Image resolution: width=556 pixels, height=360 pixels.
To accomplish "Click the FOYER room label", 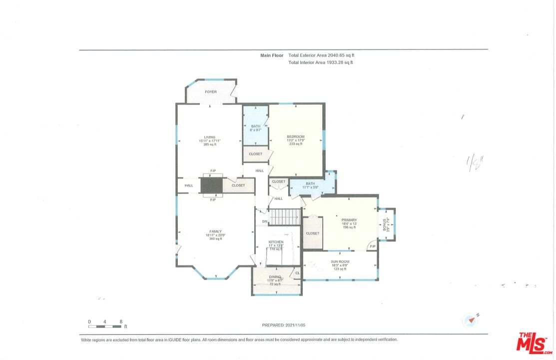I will point(211,92).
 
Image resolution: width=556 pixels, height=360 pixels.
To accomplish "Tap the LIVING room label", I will point(209,137).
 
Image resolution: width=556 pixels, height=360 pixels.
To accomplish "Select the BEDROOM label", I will point(295,136).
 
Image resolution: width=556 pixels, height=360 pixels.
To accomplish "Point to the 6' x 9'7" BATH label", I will point(255,126).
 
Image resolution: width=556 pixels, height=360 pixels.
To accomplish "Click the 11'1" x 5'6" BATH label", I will point(310,183).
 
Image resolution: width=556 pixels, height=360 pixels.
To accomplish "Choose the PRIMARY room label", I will point(349,220).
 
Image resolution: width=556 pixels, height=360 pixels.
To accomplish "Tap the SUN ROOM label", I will point(340,261).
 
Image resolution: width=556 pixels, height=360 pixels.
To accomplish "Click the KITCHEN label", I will point(276,242).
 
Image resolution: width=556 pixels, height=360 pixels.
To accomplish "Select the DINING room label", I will point(275,276).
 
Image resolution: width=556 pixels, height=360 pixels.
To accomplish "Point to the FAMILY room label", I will point(215,231).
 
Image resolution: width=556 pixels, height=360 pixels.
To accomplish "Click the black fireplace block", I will point(211,185).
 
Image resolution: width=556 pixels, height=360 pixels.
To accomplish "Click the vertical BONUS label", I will point(385,224).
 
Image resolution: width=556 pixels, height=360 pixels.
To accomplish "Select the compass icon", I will point(470,320).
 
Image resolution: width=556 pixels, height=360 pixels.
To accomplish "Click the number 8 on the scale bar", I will point(121,321).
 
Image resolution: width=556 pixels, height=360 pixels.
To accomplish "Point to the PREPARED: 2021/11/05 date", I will point(283,325).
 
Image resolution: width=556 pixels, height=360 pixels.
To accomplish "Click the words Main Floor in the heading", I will point(272,55).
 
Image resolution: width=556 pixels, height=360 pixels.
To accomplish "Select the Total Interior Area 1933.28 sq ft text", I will point(321,62).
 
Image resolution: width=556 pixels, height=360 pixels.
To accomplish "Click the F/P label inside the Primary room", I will point(372,246).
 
